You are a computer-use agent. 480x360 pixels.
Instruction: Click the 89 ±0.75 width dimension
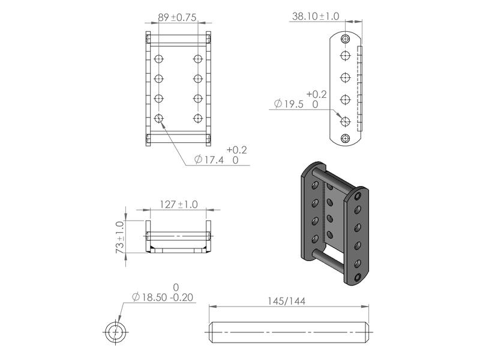coord(178,19)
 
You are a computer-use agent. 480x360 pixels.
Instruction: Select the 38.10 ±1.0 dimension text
coord(315,17)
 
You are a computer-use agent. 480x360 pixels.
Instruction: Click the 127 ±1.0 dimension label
coord(178,205)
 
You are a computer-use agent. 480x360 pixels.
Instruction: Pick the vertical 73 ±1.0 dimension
coord(119,236)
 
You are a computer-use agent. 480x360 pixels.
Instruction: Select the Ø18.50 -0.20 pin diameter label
coord(163,297)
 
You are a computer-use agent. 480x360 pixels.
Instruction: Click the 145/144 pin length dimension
coord(286,301)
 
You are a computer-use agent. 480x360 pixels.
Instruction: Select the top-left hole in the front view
coord(158,59)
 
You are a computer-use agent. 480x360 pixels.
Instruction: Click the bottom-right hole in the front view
coord(199,118)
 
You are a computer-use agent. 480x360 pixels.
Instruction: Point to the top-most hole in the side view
coord(345,39)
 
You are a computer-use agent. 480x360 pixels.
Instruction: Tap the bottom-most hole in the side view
coord(345,139)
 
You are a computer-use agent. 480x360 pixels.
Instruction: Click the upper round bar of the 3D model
coord(332,179)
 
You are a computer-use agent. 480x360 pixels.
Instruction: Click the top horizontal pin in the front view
coord(178,38)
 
